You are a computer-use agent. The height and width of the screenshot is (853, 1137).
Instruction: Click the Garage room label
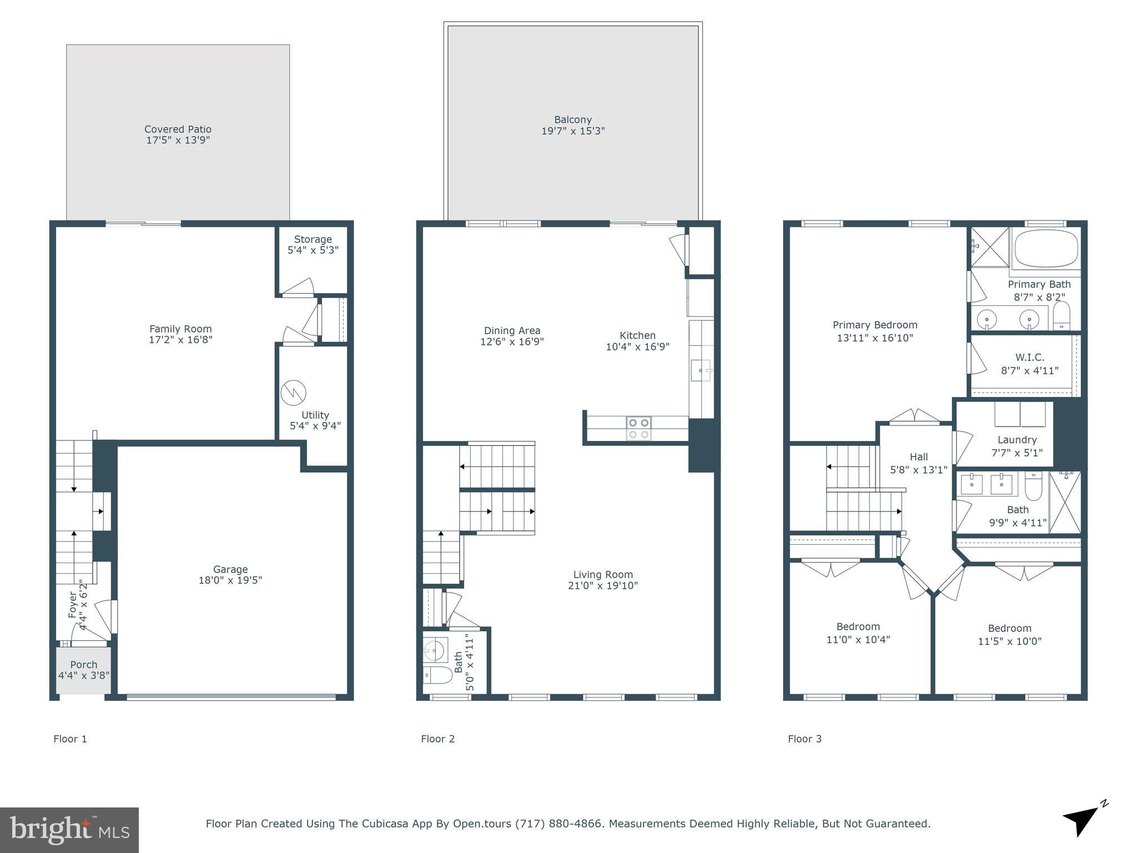point(230,569)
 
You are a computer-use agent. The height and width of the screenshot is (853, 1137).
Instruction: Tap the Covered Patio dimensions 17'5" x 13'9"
point(178,141)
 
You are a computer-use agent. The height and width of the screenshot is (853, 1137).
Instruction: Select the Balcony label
point(573,119)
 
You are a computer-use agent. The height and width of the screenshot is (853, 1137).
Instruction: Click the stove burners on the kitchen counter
point(638,429)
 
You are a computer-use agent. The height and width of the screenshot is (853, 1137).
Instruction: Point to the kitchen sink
point(701,370)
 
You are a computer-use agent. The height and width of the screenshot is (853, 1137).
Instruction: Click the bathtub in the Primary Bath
point(1046,249)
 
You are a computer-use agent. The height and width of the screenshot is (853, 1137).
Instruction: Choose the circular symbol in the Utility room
point(293,393)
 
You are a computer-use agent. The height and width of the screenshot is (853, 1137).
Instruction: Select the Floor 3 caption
point(804,739)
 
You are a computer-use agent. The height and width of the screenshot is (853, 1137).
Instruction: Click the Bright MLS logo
point(69,830)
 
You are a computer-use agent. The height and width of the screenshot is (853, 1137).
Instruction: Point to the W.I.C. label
point(1030,358)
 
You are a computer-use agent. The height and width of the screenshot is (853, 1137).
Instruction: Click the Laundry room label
point(1017,440)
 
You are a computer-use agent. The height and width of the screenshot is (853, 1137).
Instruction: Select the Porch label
point(84,665)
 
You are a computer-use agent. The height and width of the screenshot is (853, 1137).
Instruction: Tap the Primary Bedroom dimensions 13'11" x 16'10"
point(875,338)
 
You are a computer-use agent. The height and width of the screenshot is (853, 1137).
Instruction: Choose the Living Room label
point(603,575)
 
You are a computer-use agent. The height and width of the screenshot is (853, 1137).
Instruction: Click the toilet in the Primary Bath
point(1061,315)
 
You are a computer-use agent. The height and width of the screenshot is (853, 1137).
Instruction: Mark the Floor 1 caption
point(70,739)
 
